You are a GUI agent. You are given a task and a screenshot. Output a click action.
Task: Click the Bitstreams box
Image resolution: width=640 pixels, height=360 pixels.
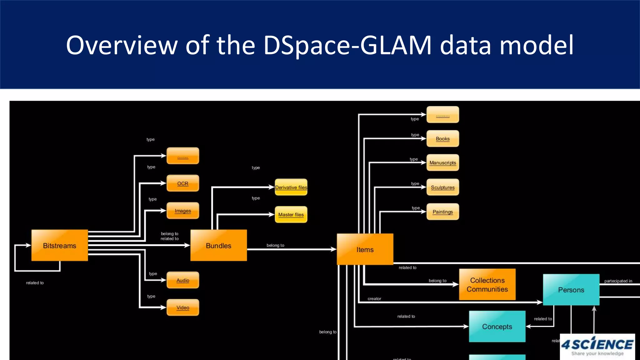pyautogui.click(x=59, y=246)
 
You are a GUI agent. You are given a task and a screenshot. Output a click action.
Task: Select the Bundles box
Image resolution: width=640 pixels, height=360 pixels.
pyautogui.click(x=218, y=246)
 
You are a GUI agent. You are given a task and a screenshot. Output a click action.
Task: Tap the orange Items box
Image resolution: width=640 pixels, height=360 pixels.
pyautogui.click(x=365, y=249)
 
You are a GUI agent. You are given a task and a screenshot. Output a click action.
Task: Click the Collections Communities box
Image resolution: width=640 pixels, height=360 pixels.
pyautogui.click(x=487, y=285)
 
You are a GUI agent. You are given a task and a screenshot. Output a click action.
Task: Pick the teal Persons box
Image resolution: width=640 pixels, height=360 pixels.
pyautogui.click(x=571, y=290)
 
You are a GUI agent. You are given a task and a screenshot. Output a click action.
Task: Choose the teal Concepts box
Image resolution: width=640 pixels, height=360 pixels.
pyautogui.click(x=497, y=327)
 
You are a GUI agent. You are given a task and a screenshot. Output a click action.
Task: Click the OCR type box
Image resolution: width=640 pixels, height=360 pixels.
pyautogui.click(x=183, y=183)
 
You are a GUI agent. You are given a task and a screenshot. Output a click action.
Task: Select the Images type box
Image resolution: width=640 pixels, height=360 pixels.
pyautogui.click(x=183, y=211)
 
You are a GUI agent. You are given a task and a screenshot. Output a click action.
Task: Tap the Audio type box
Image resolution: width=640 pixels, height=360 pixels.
pyautogui.click(x=183, y=280)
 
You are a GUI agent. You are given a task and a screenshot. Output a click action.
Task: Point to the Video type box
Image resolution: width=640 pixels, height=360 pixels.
pyautogui.click(x=183, y=307)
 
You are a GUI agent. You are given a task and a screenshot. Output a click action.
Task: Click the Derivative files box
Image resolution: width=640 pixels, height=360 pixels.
pyautogui.click(x=291, y=187)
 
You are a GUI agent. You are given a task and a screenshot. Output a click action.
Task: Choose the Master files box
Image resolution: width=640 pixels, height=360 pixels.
pyautogui.click(x=291, y=215)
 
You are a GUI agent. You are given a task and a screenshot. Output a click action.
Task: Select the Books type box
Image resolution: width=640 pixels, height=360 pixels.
pyautogui.click(x=442, y=139)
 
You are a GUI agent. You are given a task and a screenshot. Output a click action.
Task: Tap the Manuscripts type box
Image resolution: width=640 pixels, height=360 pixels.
pyautogui.click(x=442, y=163)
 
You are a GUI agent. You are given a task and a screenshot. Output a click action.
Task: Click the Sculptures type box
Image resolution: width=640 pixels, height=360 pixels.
pyautogui.click(x=442, y=187)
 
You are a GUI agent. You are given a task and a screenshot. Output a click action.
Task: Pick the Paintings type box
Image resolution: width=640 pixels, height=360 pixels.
pyautogui.click(x=442, y=212)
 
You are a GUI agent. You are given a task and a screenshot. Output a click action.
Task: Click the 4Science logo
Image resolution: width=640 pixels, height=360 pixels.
pyautogui.click(x=597, y=346)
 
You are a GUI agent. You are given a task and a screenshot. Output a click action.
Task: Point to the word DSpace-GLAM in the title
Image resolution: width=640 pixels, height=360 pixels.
pyautogui.click(x=347, y=45)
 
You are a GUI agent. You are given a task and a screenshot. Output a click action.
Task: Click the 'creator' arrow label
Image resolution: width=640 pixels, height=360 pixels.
pyautogui.click(x=374, y=299)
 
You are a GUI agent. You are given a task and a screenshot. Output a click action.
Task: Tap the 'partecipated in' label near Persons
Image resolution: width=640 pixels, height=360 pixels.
pyautogui.click(x=618, y=281)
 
